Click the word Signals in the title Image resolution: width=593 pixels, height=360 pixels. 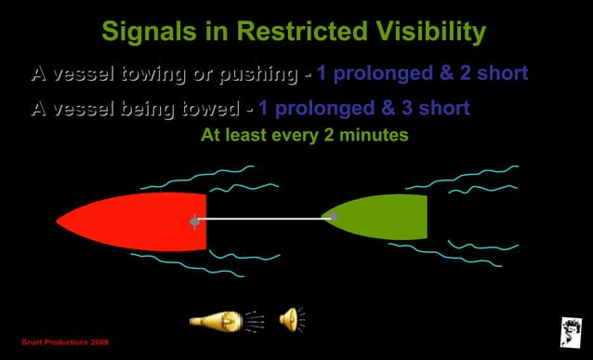pyautogui.click(x=148, y=33)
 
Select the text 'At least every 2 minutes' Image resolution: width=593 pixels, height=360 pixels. pyautogui.click(x=305, y=135)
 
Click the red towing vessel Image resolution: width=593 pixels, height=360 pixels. pyautogui.click(x=139, y=222)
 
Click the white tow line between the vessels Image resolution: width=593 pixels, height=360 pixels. pyautogui.click(x=260, y=219)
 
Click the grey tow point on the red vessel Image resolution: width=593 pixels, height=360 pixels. pyautogui.click(x=194, y=221)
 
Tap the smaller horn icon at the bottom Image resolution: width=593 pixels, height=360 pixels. pyautogui.click(x=292, y=319)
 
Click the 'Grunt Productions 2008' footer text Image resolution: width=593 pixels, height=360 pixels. pyautogui.click(x=65, y=343)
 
